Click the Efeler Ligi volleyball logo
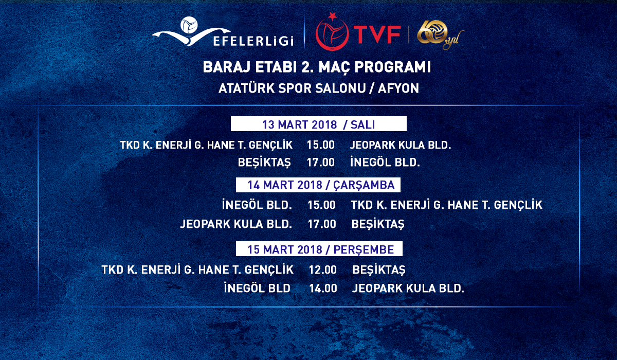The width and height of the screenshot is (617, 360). pyautogui.click(x=223, y=32)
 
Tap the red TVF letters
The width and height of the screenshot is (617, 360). pyautogui.click(x=377, y=34)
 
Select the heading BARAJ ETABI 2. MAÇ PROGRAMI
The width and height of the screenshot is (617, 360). pyautogui.click(x=317, y=67)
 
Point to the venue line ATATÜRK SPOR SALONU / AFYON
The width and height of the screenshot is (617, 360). pyautogui.click(x=319, y=88)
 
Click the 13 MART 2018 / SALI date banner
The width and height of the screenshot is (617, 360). pyautogui.click(x=318, y=124)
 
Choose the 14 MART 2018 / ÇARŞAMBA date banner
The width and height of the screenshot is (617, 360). pyautogui.click(x=318, y=185)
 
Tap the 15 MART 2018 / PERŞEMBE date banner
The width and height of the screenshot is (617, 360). pyautogui.click(x=319, y=249)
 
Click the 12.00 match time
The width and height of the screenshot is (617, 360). pyautogui.click(x=322, y=270)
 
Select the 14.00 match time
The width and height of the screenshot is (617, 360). pyautogui.click(x=323, y=289)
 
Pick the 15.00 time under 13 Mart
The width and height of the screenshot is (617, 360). pyautogui.click(x=321, y=145)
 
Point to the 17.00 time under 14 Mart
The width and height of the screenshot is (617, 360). pyautogui.click(x=322, y=224)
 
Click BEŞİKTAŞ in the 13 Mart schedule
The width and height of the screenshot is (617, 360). pyautogui.click(x=264, y=163)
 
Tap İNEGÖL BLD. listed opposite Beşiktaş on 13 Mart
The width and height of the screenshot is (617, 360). pyautogui.click(x=385, y=162)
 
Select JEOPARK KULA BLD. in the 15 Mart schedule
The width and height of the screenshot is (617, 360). pyautogui.click(x=408, y=289)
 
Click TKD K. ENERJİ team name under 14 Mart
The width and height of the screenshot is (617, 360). pyautogui.click(x=446, y=205)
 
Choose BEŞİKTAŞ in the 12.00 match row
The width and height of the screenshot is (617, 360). pyautogui.click(x=379, y=270)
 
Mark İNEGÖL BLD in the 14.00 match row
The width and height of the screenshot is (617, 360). pyautogui.click(x=257, y=288)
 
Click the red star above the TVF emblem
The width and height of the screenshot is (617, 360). pyautogui.click(x=333, y=16)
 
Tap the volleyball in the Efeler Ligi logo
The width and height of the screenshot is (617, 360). pyautogui.click(x=189, y=25)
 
